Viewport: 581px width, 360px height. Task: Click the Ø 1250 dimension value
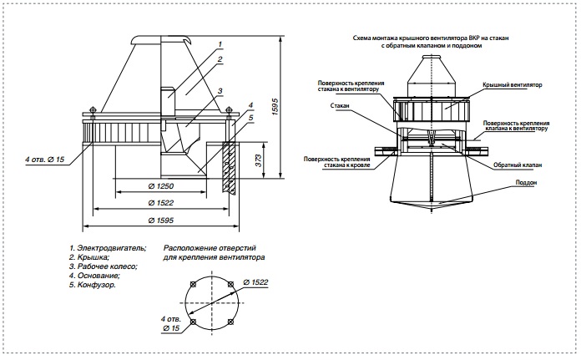(161, 186)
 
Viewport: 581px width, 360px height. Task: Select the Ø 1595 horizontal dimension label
(161, 221)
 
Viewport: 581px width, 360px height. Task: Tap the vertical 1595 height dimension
(275, 107)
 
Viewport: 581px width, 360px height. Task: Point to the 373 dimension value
(259, 160)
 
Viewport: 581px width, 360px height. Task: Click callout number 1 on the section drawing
(220, 44)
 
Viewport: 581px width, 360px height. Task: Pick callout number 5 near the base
(251, 118)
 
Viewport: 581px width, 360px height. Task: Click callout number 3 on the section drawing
(220, 91)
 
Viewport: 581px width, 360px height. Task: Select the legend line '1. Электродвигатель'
(108, 248)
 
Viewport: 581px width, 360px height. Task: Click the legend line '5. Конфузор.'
(93, 285)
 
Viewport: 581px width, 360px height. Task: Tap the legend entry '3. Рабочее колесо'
(104, 266)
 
